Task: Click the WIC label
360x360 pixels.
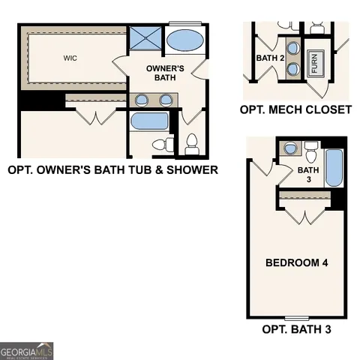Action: click(x=71, y=56)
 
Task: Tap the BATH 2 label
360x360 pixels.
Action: click(x=270, y=58)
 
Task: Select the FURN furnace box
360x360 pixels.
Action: click(x=314, y=63)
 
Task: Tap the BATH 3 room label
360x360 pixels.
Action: click(x=304, y=175)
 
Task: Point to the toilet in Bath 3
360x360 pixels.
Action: click(x=311, y=153)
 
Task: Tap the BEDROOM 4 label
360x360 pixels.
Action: click(x=298, y=262)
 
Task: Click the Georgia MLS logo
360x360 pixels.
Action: click(x=27, y=350)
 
